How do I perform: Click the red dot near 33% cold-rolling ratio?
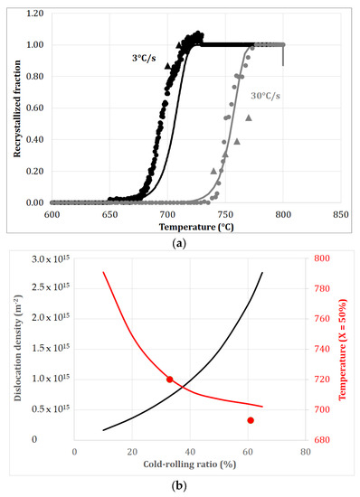(x=170, y=380)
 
